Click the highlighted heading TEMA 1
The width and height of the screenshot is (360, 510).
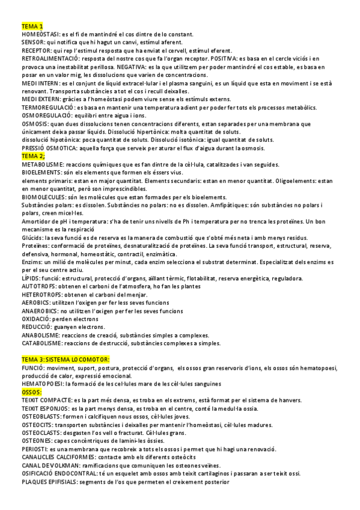[32, 27]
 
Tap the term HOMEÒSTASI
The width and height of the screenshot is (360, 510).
[38, 35]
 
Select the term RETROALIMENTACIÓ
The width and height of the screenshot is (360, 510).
[49, 58]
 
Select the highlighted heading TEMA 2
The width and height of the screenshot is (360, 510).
[33, 156]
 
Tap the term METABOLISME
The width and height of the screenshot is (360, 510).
[42, 164]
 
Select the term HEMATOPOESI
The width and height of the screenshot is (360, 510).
[42, 383]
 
